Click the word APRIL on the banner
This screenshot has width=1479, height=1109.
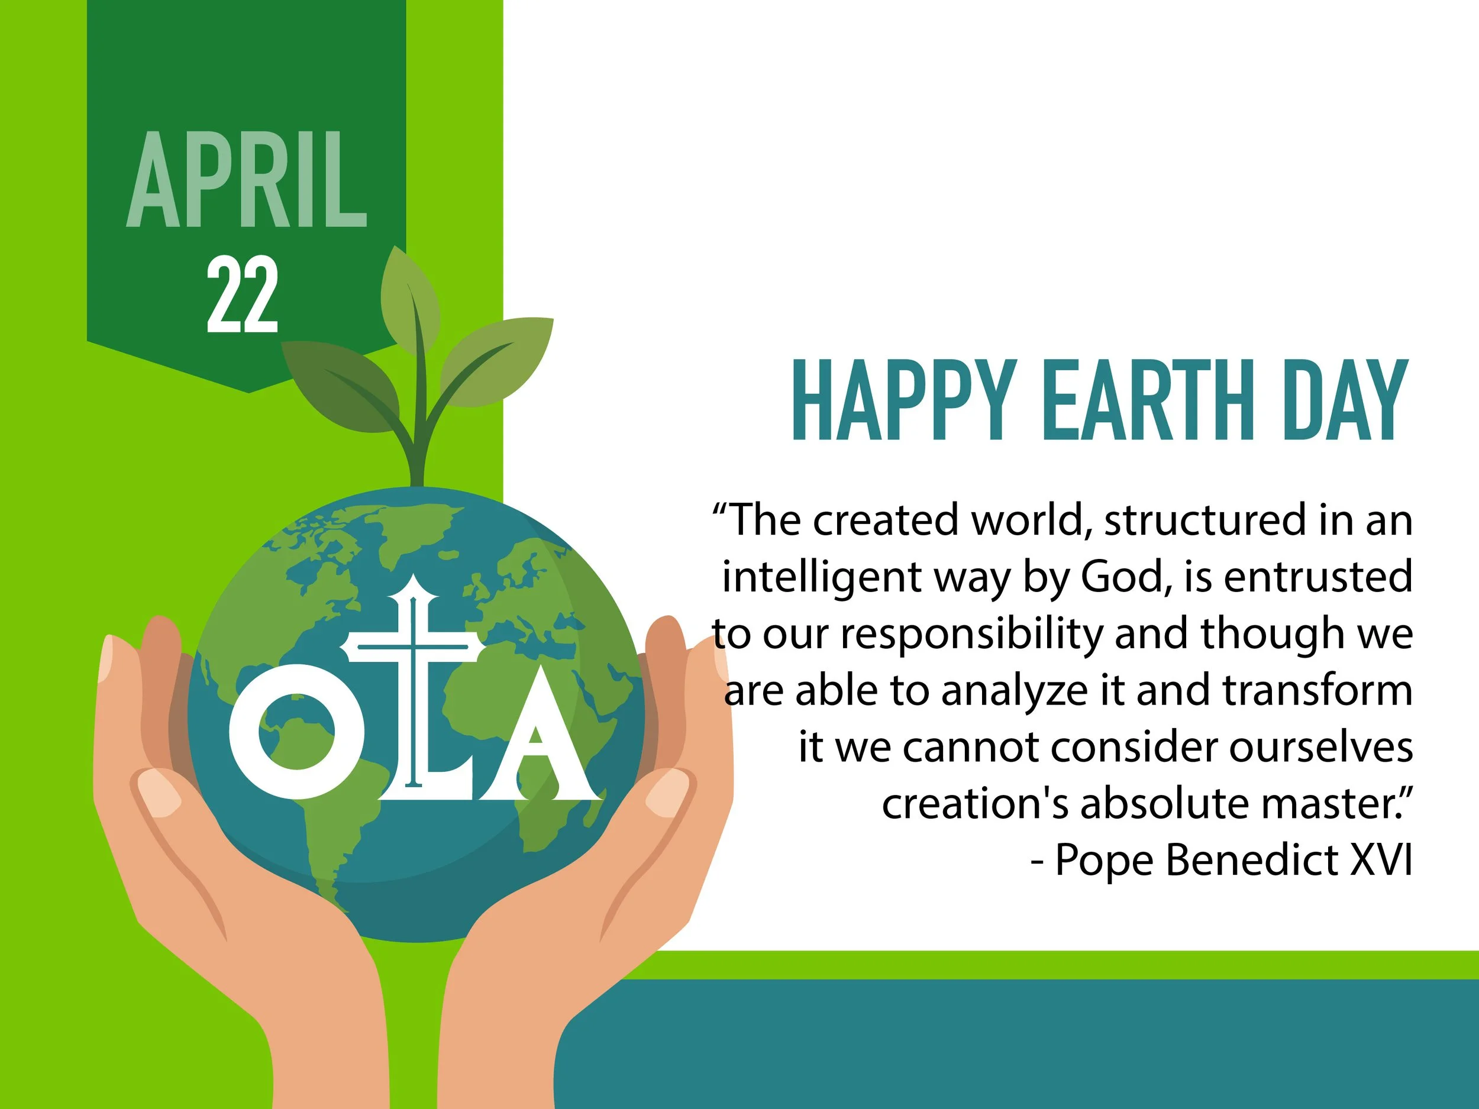(247, 180)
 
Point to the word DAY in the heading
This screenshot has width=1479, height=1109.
(1345, 400)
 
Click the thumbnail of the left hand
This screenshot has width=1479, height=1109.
(159, 792)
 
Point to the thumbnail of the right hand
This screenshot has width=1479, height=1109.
(667, 792)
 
